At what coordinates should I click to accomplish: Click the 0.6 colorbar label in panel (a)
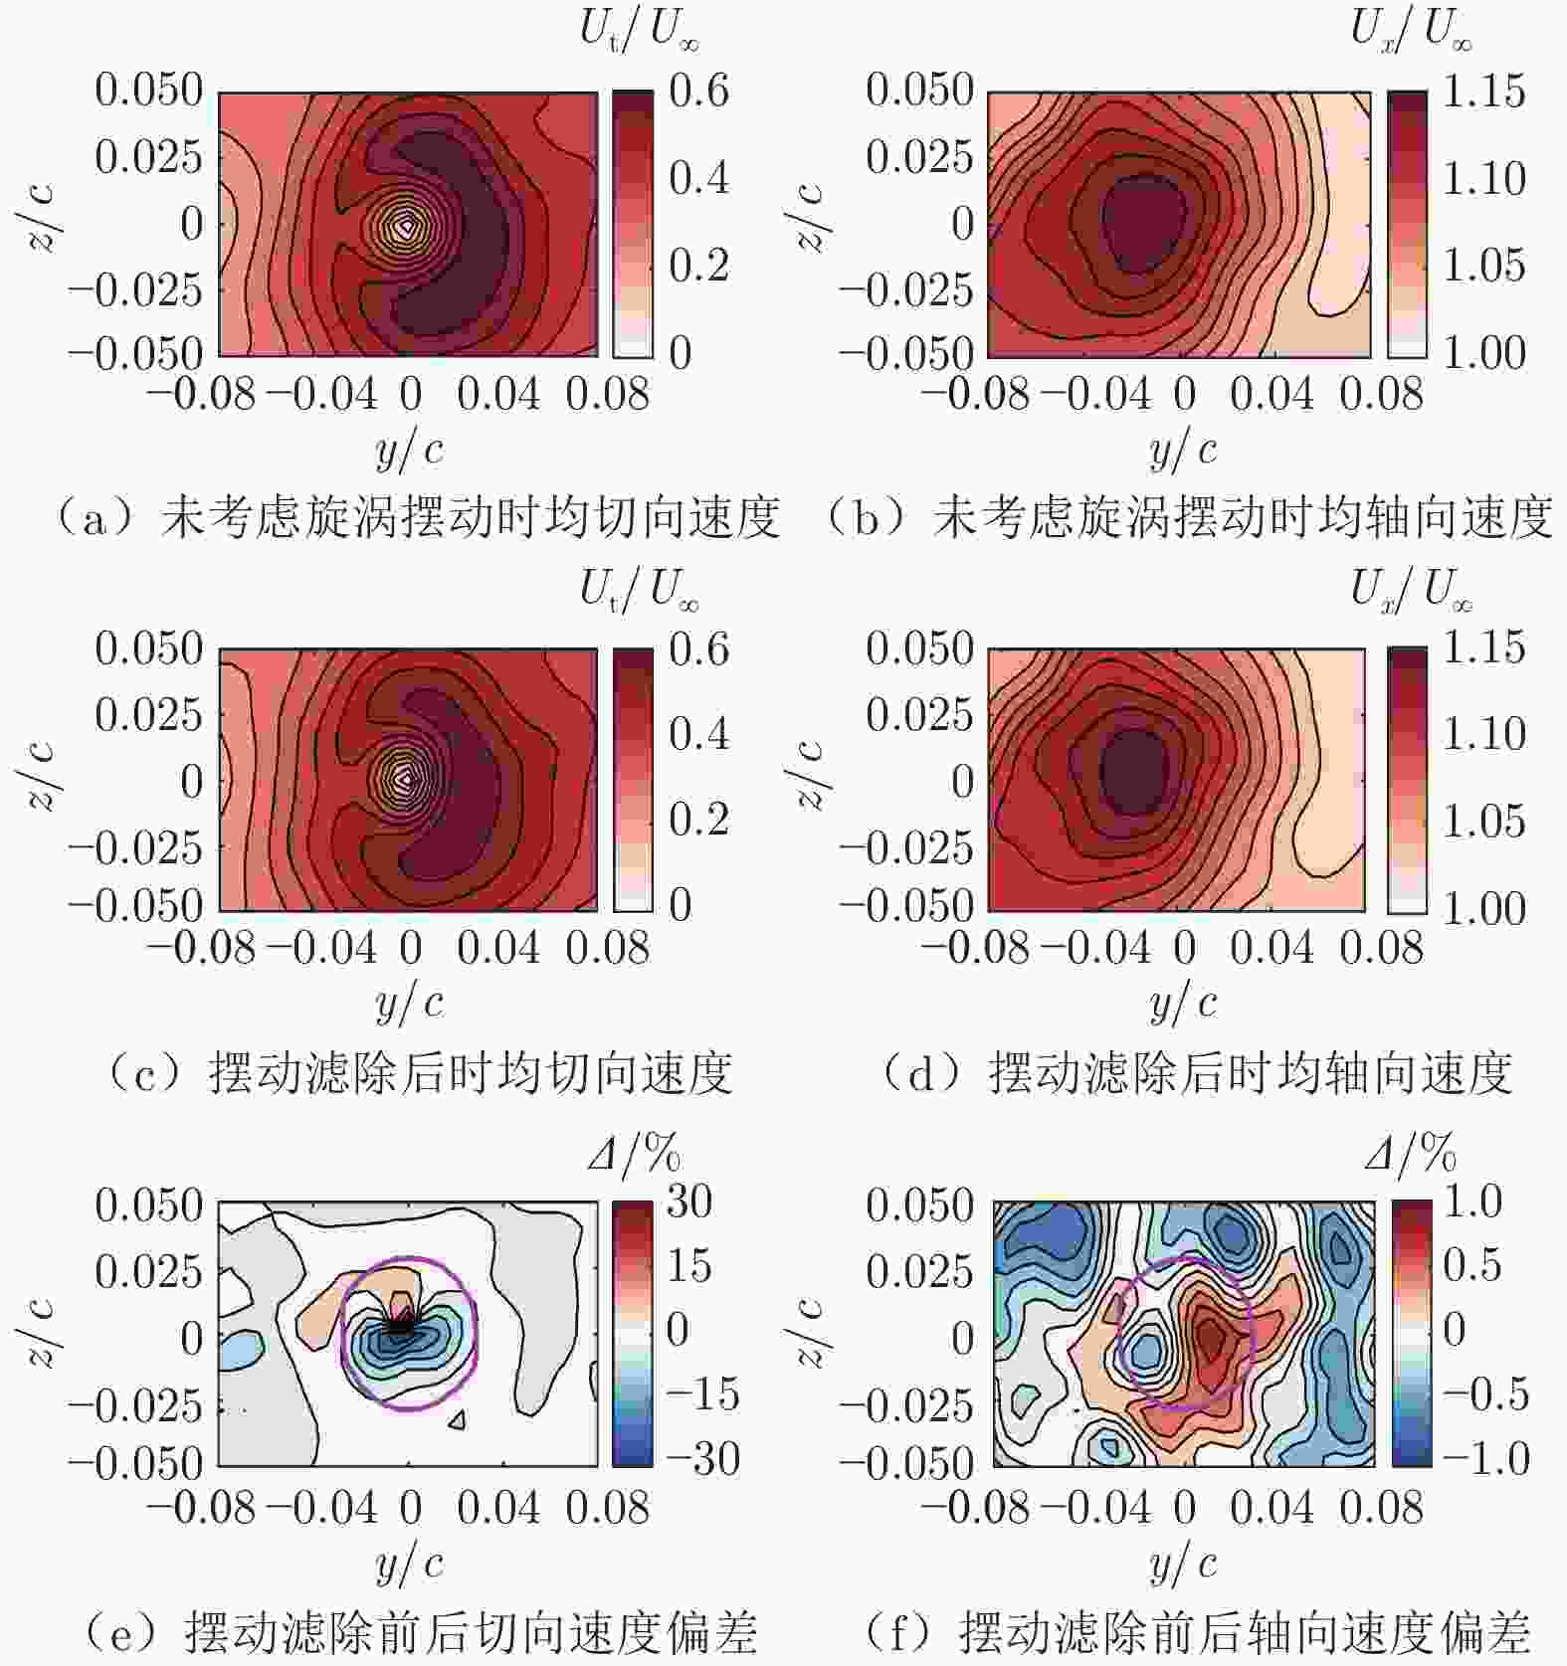point(698,92)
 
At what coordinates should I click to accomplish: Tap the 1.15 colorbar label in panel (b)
point(1482,92)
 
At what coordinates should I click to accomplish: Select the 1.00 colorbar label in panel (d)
point(1482,908)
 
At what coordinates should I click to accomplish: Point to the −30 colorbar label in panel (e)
point(702,1459)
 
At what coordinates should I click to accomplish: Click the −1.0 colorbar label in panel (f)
point(1485,1459)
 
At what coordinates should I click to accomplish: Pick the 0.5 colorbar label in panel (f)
point(1471,1265)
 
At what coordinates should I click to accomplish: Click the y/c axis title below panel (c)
point(409,1004)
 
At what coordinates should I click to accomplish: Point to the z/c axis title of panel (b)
point(811,218)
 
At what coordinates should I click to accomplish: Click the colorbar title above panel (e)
point(634,1156)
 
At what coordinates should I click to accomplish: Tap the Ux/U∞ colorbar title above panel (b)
point(1410,32)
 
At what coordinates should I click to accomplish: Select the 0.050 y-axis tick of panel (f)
point(918,1205)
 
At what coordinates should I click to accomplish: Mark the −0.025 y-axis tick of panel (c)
point(134,847)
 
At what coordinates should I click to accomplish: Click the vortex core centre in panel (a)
point(403,226)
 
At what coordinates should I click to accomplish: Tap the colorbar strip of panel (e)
point(633,1333)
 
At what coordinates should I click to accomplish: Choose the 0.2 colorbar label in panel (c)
point(698,820)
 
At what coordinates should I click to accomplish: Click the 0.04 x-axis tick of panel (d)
point(1272,948)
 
